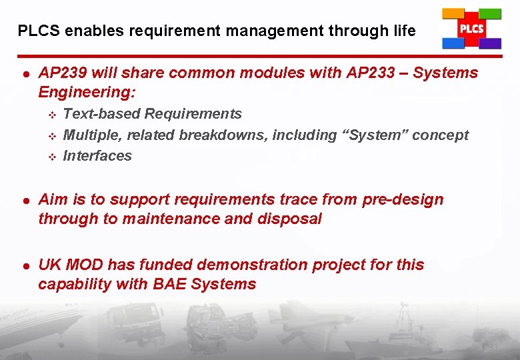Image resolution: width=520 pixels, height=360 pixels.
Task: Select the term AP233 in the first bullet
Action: point(371,73)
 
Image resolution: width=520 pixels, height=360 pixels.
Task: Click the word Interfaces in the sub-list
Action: point(97,156)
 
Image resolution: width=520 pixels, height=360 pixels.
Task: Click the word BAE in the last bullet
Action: point(170,284)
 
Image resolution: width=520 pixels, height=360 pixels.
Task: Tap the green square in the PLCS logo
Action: point(490,14)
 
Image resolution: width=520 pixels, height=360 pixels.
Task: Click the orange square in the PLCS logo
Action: point(453,13)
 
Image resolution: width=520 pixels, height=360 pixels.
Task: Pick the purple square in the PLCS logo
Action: point(491,43)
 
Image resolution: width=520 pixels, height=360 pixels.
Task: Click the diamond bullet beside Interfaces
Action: point(51,157)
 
